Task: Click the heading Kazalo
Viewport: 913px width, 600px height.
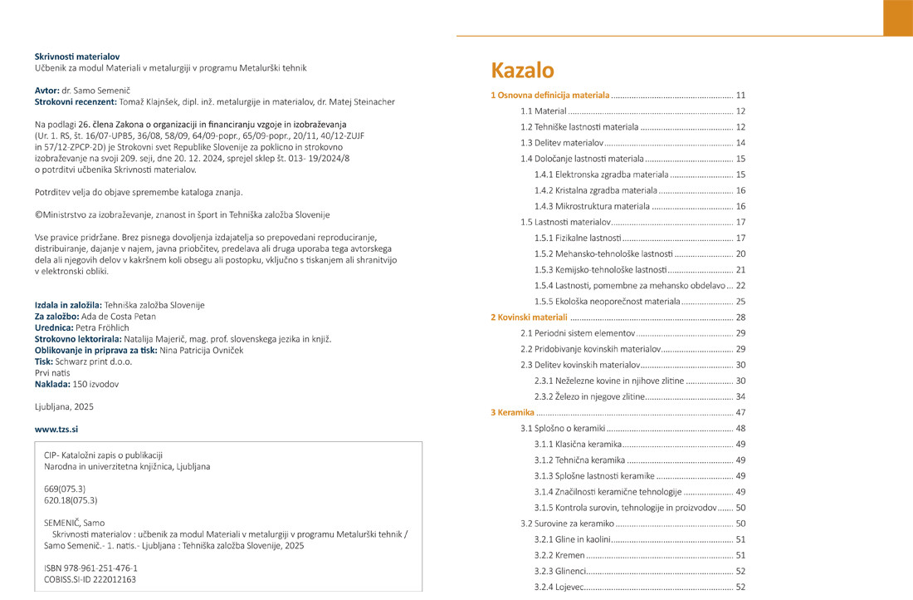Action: [x=522, y=70]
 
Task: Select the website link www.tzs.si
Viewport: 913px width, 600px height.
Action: [x=56, y=429]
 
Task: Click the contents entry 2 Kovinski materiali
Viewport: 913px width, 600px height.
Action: [x=529, y=317]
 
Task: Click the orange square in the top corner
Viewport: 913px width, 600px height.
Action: [x=897, y=17]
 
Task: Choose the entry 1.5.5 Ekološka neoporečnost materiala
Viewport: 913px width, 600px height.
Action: [x=607, y=302]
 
